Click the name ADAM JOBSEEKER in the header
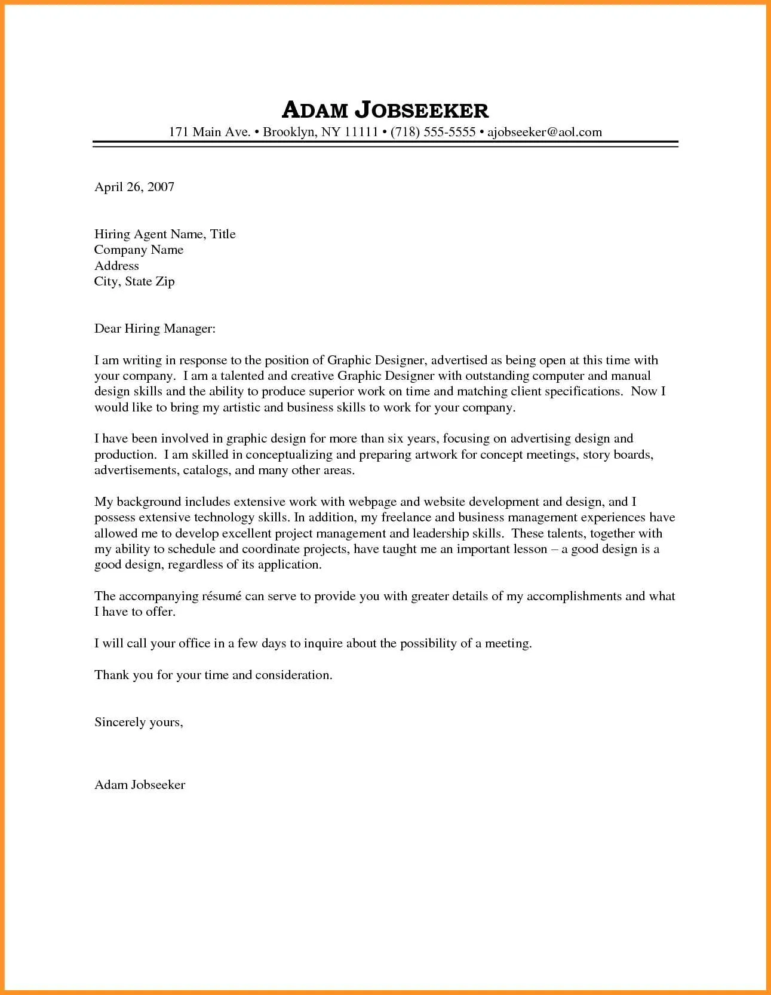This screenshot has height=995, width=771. coord(385,110)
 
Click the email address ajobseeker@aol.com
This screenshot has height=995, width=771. coord(545,132)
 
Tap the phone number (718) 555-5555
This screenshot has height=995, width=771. coord(433,132)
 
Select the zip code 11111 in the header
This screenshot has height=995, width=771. coord(361,132)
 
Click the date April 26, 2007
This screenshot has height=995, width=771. coord(134,187)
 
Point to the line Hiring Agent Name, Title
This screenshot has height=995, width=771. coord(165,234)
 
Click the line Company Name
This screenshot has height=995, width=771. coord(139,250)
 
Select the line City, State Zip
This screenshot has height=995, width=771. coord(134,281)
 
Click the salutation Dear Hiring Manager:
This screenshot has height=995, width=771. coord(155,328)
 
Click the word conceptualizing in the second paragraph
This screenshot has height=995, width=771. coord(288,454)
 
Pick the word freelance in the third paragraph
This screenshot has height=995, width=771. coord(406,517)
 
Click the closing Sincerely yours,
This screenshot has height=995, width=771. coord(139,722)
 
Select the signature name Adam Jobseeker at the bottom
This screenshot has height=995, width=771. coord(140,785)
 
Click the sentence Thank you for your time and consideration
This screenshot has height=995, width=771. coord(213,675)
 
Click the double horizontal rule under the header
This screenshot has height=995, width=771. coord(385,144)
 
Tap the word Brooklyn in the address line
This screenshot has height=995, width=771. coord(289,132)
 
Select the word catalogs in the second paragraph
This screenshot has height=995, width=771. coord(206,470)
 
